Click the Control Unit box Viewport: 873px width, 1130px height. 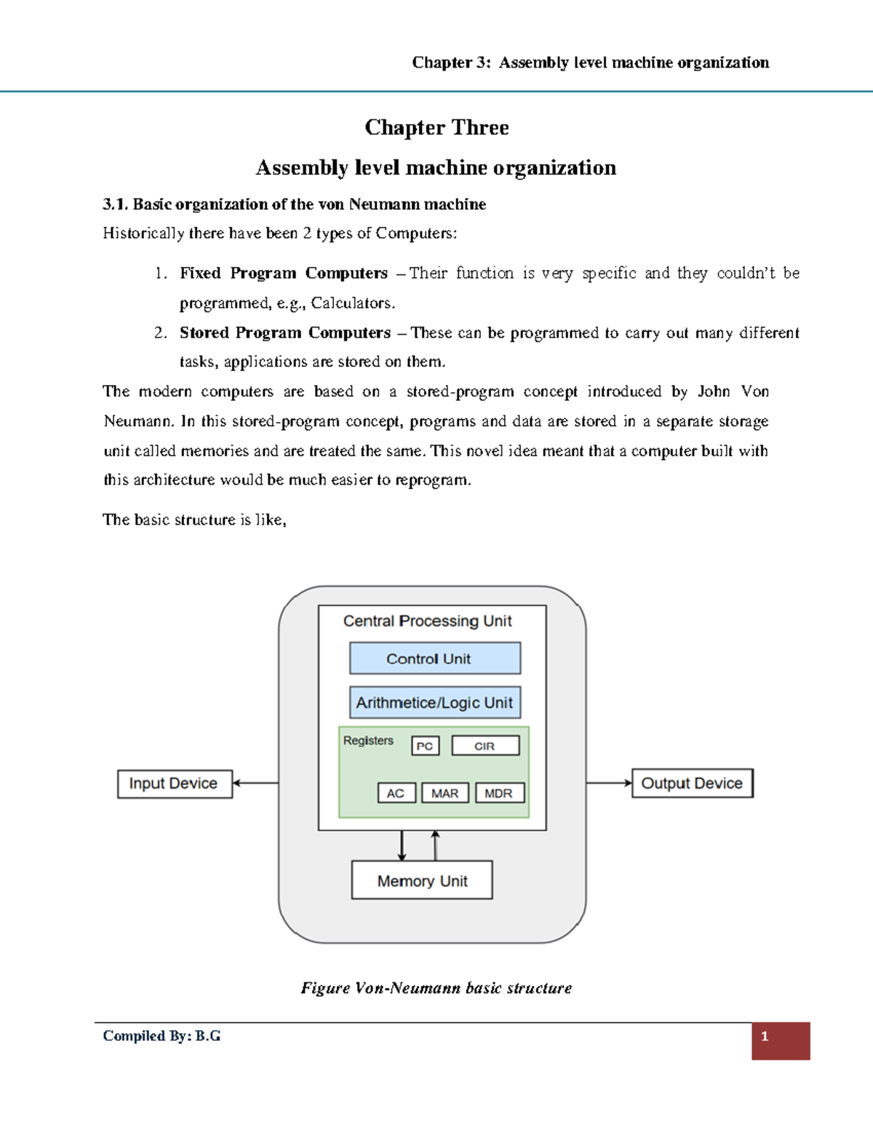point(434,658)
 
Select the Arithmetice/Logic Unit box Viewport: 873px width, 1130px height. point(434,703)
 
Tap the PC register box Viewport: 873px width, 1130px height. point(425,746)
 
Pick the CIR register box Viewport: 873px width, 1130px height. point(485,746)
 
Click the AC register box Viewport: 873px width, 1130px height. point(396,793)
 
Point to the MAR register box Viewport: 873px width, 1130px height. point(445,793)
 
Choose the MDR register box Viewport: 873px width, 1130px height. point(499,793)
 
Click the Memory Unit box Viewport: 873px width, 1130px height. point(422,880)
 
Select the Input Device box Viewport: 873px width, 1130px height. point(175,784)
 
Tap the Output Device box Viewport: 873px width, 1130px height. point(692,783)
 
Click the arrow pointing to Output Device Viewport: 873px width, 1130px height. point(609,783)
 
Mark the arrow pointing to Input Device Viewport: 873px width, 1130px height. point(255,783)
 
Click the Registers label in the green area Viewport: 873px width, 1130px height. point(368,741)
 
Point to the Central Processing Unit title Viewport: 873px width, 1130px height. point(427,621)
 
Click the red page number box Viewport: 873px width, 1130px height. point(780,1041)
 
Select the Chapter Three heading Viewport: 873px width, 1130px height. point(436,127)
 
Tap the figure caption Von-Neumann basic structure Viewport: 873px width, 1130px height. point(436,988)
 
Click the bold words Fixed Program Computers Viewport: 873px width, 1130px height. point(284,274)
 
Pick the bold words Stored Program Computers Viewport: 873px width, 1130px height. point(285,333)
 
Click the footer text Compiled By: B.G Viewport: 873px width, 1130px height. point(162,1036)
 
